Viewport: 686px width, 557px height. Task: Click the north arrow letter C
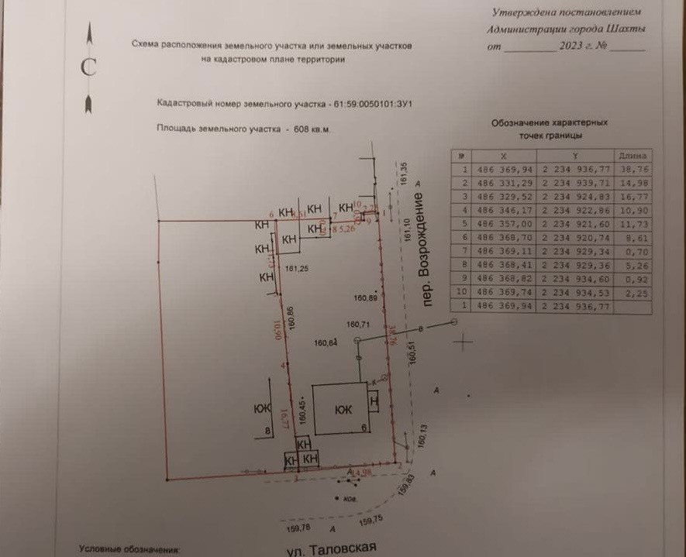88,67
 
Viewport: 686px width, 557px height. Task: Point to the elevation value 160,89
365,297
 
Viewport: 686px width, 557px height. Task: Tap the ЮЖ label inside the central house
343,410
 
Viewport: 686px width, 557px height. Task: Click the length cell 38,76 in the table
633,167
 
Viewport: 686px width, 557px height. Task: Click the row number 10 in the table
463,293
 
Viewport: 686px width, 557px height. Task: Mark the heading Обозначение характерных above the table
550,122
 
